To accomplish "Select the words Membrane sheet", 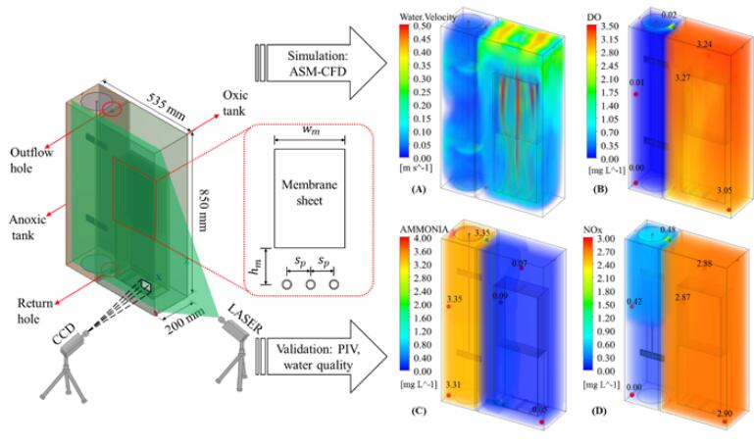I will point(309,193).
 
